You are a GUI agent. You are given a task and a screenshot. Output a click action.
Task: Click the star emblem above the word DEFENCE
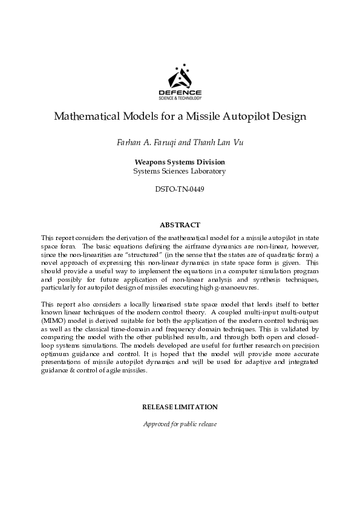click(180, 76)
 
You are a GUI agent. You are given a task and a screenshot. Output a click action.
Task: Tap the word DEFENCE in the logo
click(180, 91)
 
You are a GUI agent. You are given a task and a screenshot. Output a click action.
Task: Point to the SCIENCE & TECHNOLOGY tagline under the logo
click(180, 97)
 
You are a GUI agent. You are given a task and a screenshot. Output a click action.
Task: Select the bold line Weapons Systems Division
click(180, 162)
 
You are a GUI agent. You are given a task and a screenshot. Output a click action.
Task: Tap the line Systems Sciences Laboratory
click(180, 171)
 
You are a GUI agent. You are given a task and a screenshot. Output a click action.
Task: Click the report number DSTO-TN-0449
click(180, 189)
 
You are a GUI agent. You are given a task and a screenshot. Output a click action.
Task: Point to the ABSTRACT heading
click(180, 225)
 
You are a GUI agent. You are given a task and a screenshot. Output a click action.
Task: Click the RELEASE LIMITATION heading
click(180, 407)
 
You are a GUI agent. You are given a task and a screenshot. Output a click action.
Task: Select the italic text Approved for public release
click(180, 424)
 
